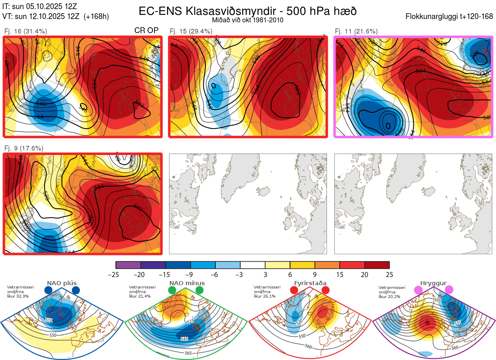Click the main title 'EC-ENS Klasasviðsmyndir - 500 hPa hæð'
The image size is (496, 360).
[x=247, y=11]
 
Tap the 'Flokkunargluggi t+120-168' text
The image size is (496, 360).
[x=450, y=17]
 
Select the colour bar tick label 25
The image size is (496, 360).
[x=389, y=274]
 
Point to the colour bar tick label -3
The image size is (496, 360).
[x=240, y=274]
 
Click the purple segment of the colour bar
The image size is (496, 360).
[x=128, y=265]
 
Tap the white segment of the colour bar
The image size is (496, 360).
[x=253, y=265]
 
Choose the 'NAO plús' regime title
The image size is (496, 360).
[x=62, y=283]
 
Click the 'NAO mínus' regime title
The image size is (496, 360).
[x=187, y=283]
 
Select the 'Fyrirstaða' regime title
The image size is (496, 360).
[x=310, y=283]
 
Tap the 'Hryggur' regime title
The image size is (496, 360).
[x=433, y=283]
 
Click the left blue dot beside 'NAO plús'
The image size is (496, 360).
[x=48, y=291]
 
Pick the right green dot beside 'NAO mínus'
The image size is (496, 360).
[x=200, y=291]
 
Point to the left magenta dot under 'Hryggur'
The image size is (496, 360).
[x=418, y=291]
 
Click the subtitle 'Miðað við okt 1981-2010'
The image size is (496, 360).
[x=247, y=20]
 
